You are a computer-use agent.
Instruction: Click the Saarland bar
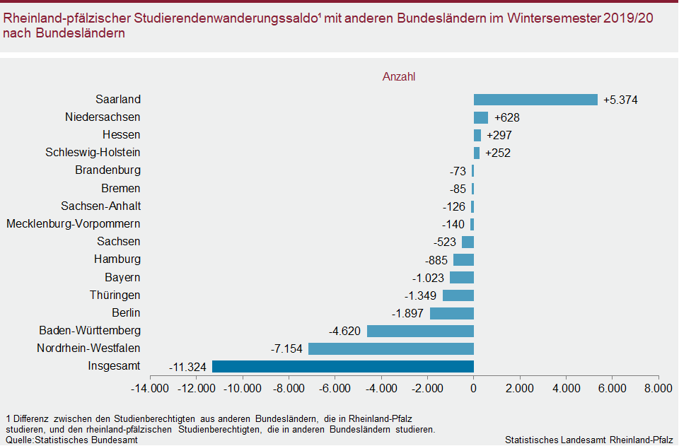[x=535, y=100]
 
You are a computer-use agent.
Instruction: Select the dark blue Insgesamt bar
[x=343, y=366]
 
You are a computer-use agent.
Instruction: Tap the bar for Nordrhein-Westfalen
[x=391, y=348]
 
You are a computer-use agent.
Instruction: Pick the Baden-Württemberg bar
[x=420, y=331]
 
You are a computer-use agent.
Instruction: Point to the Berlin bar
[x=452, y=313]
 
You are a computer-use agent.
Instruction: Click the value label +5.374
[x=621, y=100]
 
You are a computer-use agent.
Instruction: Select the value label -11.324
[x=187, y=367]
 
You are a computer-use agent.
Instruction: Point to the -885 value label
[x=436, y=260]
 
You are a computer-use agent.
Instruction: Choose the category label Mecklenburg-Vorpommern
[x=74, y=224]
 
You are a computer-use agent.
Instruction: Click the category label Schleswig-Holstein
[x=93, y=153]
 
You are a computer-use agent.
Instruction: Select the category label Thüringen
[x=115, y=295]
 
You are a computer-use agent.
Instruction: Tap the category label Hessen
[x=121, y=135]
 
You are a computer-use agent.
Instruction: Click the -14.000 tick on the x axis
[x=151, y=388]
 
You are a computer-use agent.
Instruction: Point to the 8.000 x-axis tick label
[x=658, y=388]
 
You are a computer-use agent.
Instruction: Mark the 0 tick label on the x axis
[x=473, y=388]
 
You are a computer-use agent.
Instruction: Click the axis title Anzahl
[x=399, y=76]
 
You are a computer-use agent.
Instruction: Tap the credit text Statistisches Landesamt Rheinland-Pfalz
[x=588, y=440]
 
